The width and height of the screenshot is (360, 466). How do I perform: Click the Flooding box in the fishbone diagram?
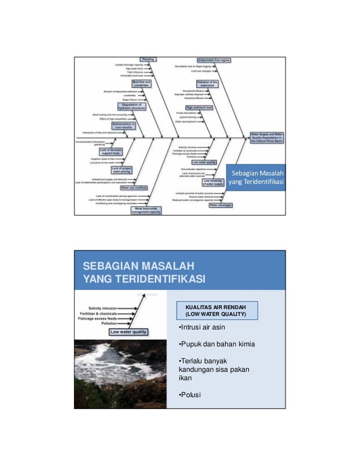pyautogui.click(x=147, y=59)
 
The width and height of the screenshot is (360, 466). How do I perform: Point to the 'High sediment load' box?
pyautogui.click(x=199, y=107)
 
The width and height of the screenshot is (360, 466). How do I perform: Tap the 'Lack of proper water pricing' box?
pyautogui.click(x=123, y=169)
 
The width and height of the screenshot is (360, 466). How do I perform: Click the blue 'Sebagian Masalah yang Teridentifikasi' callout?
pyautogui.click(x=256, y=177)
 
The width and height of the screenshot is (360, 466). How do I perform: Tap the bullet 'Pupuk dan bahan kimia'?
pyautogui.click(x=210, y=344)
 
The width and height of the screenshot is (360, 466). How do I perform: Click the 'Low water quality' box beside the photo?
pyautogui.click(x=129, y=332)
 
